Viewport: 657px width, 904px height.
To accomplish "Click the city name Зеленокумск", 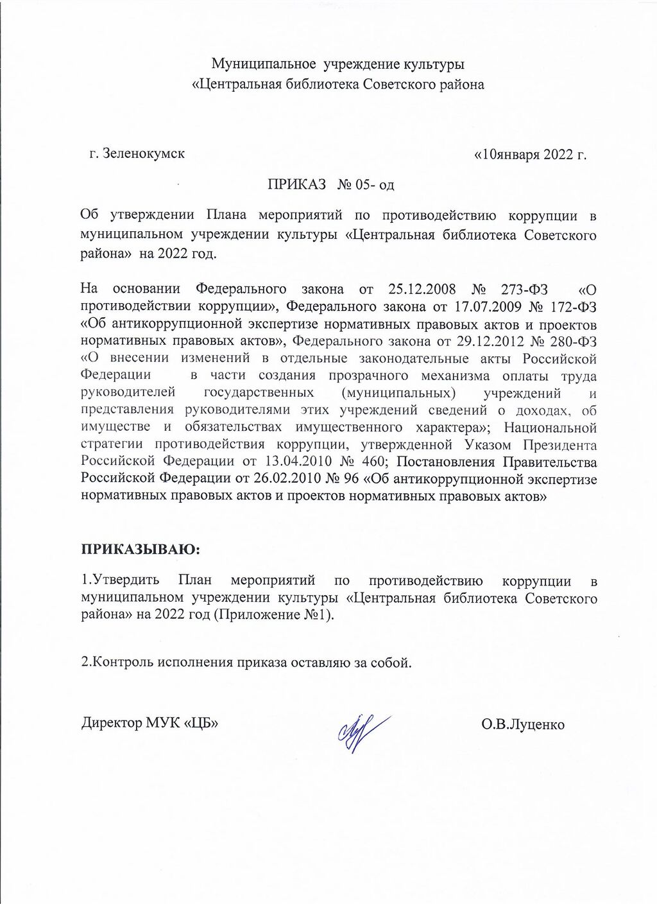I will tap(144, 154).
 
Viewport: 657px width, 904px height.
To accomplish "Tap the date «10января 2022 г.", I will tap(530, 155).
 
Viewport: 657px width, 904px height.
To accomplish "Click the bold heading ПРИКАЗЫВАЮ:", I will tap(141, 550).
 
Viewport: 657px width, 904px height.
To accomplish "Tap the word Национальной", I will tap(550, 427).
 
